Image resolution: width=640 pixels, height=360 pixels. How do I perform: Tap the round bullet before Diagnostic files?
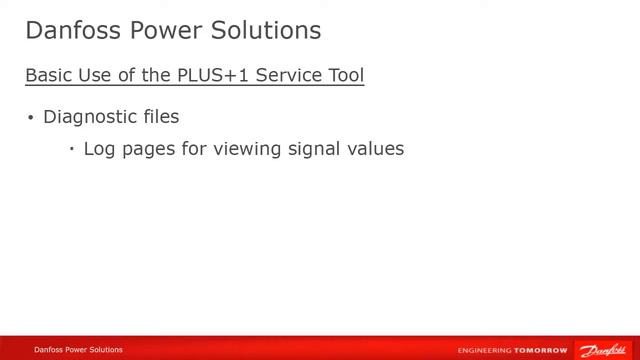31,118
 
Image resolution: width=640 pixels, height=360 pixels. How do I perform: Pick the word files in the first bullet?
158,117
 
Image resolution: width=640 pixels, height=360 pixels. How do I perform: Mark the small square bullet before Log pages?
72,149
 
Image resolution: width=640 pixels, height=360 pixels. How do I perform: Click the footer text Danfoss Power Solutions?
78,350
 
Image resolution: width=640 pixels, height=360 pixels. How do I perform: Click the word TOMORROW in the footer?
541,350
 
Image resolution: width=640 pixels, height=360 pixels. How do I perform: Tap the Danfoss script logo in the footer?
603,349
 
